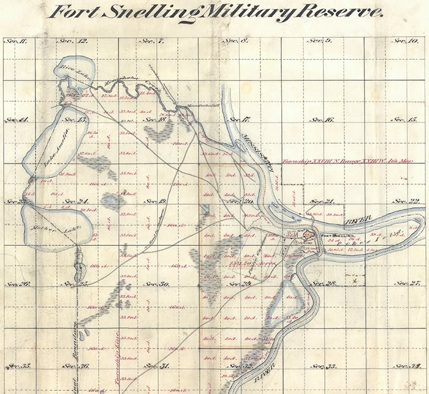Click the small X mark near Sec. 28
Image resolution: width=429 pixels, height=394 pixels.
(362, 281)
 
